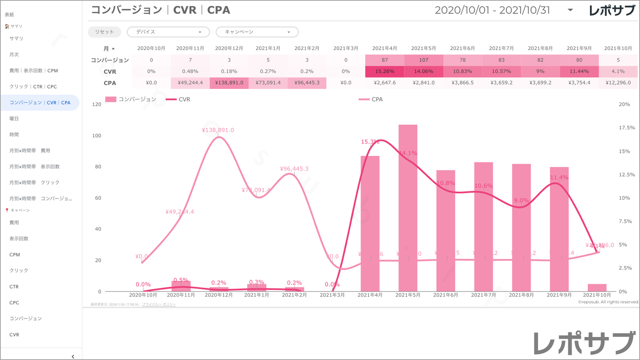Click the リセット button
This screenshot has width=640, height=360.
tap(105, 32)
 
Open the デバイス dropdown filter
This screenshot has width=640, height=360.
tap(168, 32)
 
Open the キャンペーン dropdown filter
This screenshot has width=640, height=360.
tap(257, 32)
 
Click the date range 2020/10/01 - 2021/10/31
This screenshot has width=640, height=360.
tap(493, 10)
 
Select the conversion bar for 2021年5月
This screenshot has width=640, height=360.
tap(408, 208)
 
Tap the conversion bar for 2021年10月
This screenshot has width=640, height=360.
tap(597, 287)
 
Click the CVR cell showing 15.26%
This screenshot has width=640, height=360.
tap(384, 71)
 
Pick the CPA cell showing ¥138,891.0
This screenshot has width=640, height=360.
tap(229, 83)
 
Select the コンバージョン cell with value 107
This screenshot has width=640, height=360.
tap(423, 60)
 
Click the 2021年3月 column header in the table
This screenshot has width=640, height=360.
tap(345, 48)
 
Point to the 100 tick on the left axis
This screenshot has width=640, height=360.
tap(96, 135)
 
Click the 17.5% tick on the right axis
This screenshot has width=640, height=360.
tap(626, 128)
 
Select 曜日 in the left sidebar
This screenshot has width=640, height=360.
tap(14, 119)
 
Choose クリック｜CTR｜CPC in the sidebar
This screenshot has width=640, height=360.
tap(33, 87)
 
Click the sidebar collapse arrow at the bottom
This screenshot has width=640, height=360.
tap(73, 356)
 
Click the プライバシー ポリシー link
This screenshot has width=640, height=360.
tap(159, 305)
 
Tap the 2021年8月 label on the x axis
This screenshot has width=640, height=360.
tap(521, 295)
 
